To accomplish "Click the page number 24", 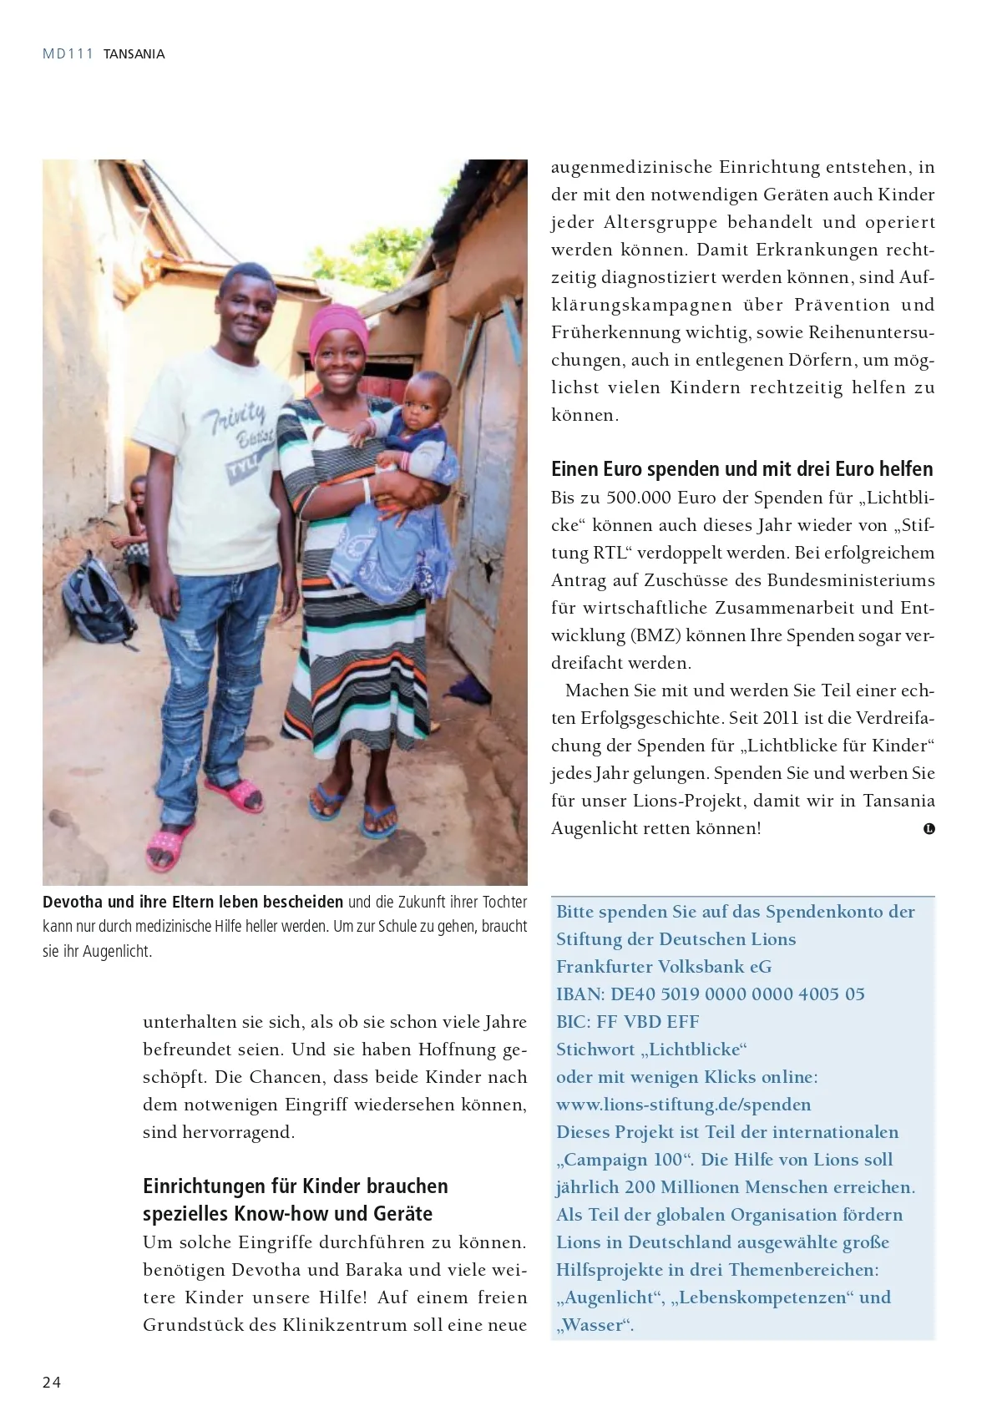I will point(52,1382).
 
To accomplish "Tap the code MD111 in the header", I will point(68,53).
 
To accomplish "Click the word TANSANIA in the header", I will point(134,54).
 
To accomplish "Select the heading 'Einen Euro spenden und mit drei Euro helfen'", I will point(741,468).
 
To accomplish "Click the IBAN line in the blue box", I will point(710,994).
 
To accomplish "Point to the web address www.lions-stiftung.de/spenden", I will point(683,1105).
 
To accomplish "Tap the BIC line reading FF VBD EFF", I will point(627,1022).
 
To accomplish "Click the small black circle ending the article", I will point(929,829).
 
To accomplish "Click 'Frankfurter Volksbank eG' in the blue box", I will point(664,966).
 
